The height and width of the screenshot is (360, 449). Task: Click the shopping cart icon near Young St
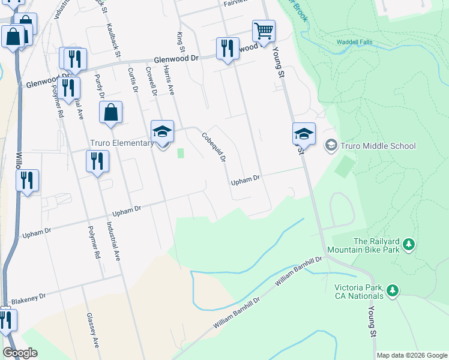(264, 31)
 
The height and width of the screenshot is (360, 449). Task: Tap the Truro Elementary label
(122, 143)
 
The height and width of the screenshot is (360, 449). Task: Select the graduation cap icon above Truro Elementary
(162, 132)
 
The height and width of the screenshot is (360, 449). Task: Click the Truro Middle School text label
(378, 145)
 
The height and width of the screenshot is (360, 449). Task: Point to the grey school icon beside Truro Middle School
(331, 145)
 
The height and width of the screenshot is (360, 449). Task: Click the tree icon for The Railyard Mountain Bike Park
(409, 244)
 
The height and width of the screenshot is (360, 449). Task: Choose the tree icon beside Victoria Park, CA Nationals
(393, 290)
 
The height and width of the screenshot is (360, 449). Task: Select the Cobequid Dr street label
(214, 148)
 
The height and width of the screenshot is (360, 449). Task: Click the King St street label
(179, 42)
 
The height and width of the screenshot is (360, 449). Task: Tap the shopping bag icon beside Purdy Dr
(111, 113)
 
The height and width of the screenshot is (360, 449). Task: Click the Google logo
(20, 353)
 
